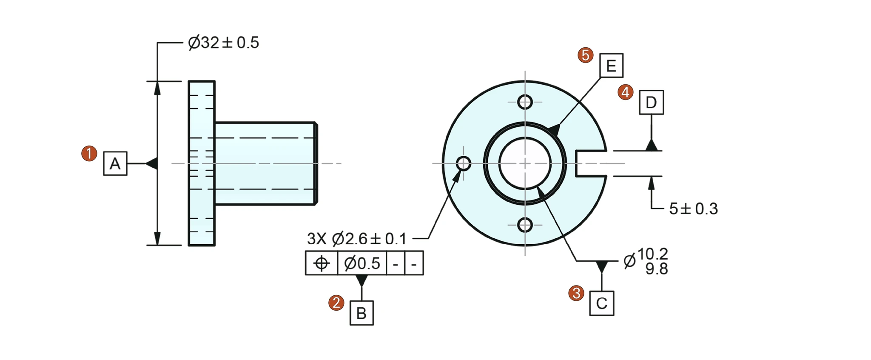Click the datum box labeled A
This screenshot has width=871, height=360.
[115, 163]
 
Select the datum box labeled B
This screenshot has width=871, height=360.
[361, 313]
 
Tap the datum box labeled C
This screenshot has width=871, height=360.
[602, 303]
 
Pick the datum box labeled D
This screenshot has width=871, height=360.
[652, 102]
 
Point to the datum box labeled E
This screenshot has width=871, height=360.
[612, 66]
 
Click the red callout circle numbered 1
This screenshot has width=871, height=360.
[89, 153]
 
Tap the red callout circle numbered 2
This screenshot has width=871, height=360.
[336, 303]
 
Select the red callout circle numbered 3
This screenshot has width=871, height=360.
[576, 293]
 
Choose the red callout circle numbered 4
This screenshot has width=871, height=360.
[626, 92]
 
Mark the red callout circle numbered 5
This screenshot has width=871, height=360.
[586, 55]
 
